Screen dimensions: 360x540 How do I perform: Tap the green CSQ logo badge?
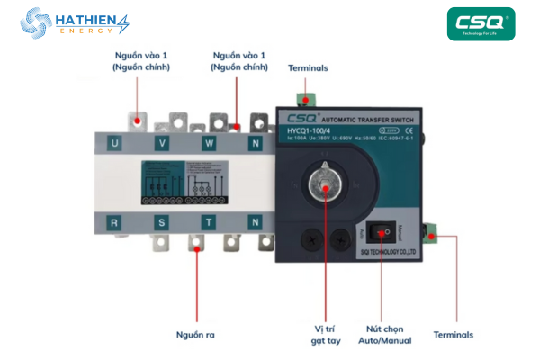(x=481, y=25)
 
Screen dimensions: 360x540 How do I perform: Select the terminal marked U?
(x=112, y=142)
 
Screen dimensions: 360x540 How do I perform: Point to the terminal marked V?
(x=162, y=142)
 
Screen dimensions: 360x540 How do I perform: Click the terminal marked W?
(x=209, y=142)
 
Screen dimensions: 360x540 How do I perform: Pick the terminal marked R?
(x=112, y=221)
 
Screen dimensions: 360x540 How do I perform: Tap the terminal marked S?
(x=162, y=221)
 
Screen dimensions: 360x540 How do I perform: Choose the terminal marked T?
(x=209, y=221)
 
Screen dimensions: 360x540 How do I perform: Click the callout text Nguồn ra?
(x=195, y=335)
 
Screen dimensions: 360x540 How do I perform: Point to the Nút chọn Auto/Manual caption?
(x=391, y=334)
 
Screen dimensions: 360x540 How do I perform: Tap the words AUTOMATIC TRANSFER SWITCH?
(x=369, y=119)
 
